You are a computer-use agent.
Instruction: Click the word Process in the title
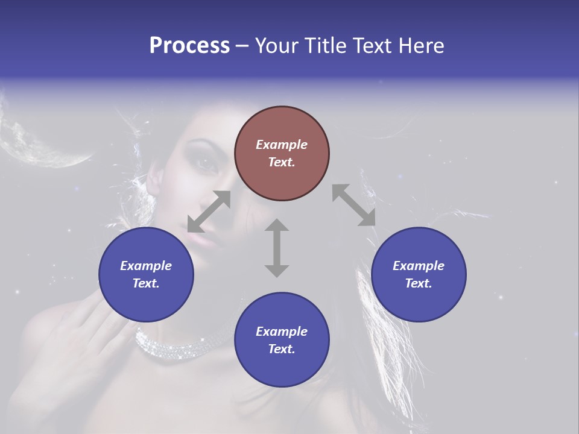tap(189, 46)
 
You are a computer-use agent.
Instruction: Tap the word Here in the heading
tap(420, 46)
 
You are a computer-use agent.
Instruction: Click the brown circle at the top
tap(282, 153)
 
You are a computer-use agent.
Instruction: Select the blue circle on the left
tap(146, 274)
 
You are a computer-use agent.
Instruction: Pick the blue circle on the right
tap(419, 274)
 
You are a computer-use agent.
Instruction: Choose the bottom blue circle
tap(282, 339)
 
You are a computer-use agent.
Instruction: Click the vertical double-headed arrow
tap(277, 248)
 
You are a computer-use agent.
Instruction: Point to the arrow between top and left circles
tap(209, 212)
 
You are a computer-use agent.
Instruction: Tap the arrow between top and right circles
tap(353, 206)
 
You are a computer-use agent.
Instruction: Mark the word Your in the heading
tap(275, 46)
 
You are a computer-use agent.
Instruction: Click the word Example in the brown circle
tap(282, 145)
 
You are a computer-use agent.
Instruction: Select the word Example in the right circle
tap(419, 266)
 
